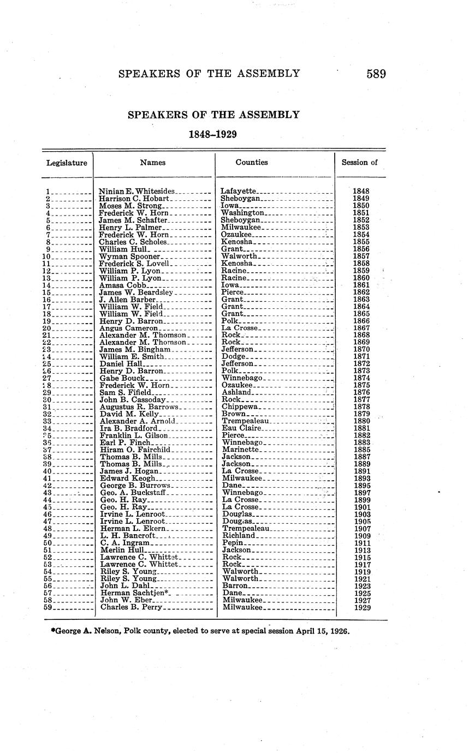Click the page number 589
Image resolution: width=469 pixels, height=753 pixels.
point(376,74)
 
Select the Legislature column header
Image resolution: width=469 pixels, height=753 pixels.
point(67,163)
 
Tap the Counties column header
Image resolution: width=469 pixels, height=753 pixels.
point(252,162)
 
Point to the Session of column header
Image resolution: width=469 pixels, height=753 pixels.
point(359,162)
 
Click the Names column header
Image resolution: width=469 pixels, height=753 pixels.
point(153,162)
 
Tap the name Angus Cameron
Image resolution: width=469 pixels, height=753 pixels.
point(129,328)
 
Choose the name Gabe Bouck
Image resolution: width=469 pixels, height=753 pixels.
point(122,378)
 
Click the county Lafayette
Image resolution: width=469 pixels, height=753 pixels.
point(238,192)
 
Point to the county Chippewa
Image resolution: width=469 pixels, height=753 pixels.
point(240,407)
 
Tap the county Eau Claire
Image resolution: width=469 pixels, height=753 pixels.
point(242,428)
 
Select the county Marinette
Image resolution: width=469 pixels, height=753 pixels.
point(240,450)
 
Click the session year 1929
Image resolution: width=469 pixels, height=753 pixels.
point(361,607)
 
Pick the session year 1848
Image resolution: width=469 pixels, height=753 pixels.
point(361,192)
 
